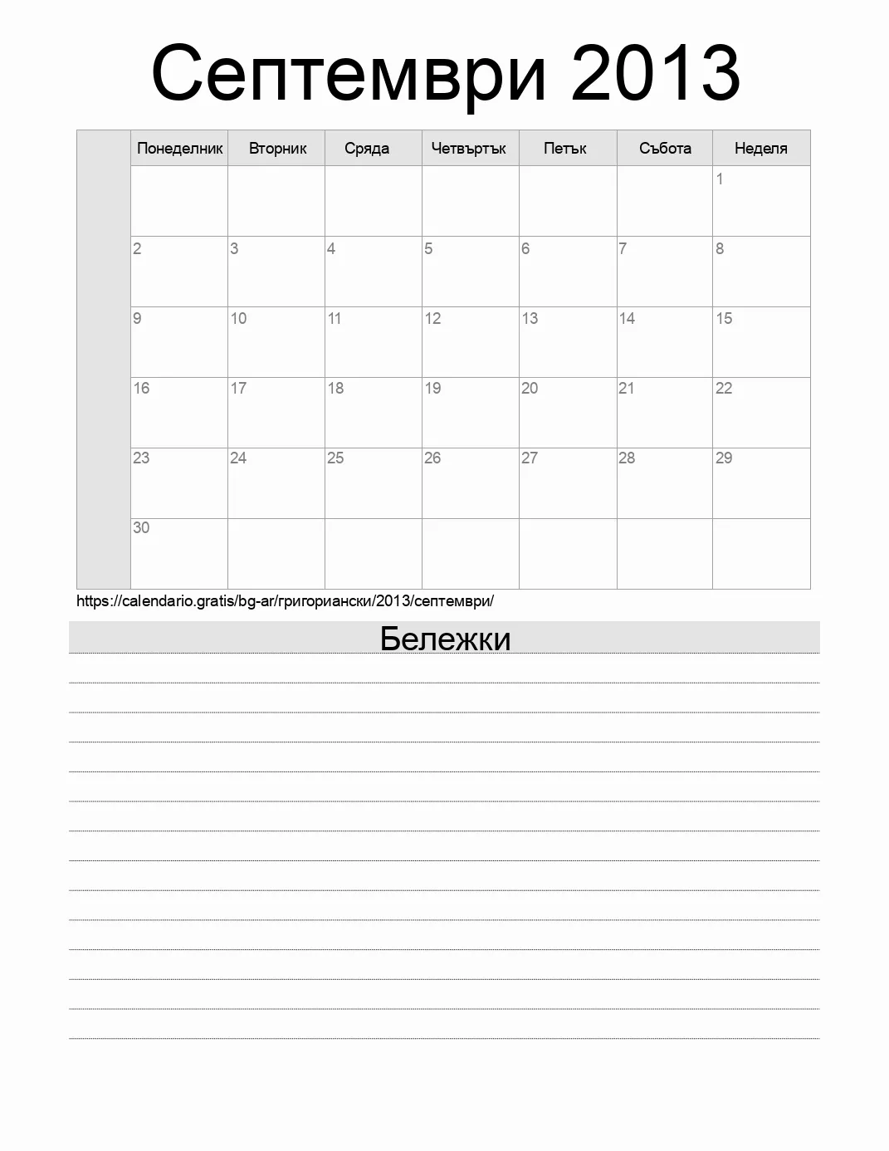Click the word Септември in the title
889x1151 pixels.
click(349, 75)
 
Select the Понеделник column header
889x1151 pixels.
click(179, 149)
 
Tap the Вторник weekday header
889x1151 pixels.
click(277, 149)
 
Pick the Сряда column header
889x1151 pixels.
click(367, 149)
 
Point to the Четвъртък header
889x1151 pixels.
click(468, 149)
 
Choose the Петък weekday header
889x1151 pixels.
click(564, 149)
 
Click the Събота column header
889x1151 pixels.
click(665, 149)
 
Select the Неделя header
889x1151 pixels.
click(760, 149)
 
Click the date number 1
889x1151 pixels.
click(720, 179)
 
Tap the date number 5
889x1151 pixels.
click(428, 248)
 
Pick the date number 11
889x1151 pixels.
click(335, 318)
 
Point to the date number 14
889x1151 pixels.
click(627, 318)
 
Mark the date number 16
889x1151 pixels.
click(141, 388)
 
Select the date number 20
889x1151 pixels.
click(530, 388)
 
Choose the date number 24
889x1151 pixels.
click(238, 458)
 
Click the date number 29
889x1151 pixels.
click(724, 458)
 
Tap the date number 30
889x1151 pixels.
click(141, 527)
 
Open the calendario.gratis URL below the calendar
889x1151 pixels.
click(285, 601)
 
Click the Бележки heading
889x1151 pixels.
click(445, 639)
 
